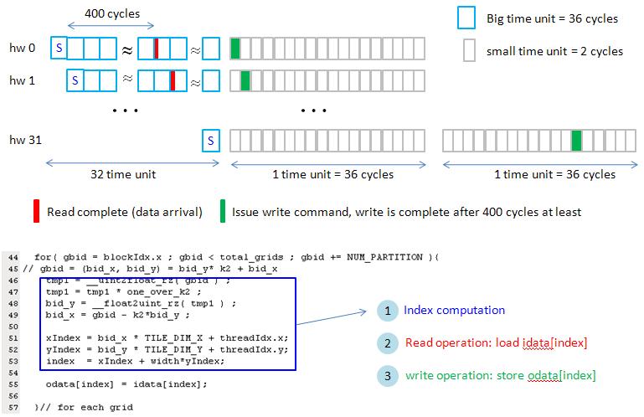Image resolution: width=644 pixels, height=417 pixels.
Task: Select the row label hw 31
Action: [x=24, y=140]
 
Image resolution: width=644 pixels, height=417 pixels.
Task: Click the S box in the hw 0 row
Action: [x=59, y=49]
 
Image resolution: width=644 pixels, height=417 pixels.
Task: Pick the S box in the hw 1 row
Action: [x=75, y=81]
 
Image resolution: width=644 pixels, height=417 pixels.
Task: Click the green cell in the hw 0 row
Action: [x=235, y=49]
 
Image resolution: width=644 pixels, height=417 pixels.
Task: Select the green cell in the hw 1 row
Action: [x=245, y=81]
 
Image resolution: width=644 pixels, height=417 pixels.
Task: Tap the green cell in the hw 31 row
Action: [x=576, y=140]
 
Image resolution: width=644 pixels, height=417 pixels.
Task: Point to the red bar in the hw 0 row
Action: [x=156, y=49]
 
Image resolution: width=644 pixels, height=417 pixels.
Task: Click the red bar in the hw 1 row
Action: [x=172, y=81]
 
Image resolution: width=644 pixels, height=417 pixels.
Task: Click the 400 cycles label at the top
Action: [x=111, y=14]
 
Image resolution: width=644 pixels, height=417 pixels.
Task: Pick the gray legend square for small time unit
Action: [x=469, y=51]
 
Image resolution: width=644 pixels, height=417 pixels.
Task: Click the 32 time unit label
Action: [x=123, y=174]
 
